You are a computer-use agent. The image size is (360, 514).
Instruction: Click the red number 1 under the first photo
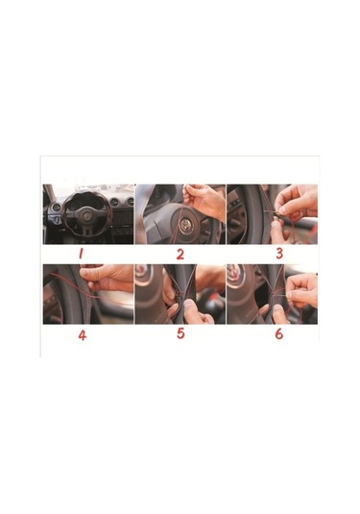coord(81,253)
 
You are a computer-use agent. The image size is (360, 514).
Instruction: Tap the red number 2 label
coord(180,254)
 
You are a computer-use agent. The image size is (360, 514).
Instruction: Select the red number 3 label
coord(279,253)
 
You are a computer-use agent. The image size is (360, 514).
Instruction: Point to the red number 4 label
coord(82,335)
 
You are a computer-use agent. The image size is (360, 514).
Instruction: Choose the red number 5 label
coord(180,333)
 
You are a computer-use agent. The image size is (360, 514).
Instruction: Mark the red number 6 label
coord(278,333)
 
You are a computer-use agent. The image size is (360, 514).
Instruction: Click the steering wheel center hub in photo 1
coord(87,216)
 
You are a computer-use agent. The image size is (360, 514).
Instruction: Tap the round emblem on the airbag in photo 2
coord(185,226)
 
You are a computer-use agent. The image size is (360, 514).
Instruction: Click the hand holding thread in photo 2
coord(204,200)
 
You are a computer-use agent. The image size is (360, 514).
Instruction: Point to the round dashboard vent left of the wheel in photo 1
coord(57,208)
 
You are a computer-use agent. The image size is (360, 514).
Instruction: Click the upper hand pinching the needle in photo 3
coord(296,201)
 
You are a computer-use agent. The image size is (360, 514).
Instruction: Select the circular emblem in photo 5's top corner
coord(141,271)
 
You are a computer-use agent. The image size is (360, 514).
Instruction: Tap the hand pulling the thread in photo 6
coord(300,290)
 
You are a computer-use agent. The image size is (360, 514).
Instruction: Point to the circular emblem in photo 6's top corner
coord(233,271)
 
